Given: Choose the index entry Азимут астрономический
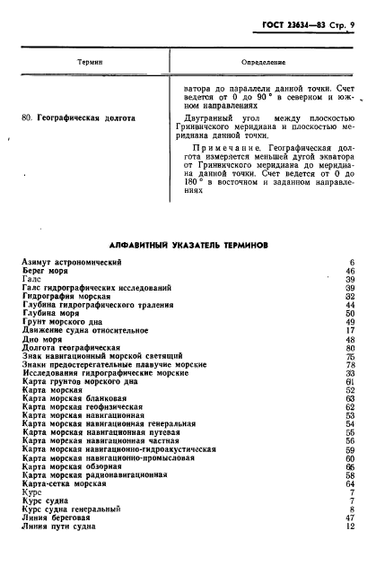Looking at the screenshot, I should point(71,261).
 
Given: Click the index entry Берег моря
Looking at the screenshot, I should point(48,270).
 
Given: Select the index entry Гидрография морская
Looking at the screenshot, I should point(70,296).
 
